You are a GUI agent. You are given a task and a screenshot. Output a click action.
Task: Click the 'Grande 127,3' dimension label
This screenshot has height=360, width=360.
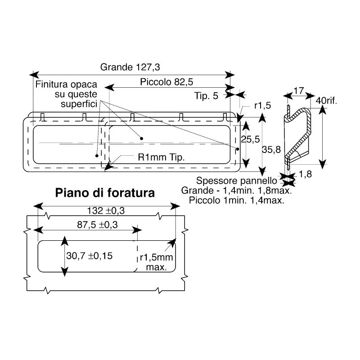pyautogui.click(x=130, y=67)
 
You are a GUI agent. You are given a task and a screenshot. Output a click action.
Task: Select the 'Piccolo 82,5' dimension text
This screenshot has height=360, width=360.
pyautogui.click(x=166, y=82)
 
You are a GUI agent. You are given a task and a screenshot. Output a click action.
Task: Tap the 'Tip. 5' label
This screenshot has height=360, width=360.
pyautogui.click(x=206, y=96)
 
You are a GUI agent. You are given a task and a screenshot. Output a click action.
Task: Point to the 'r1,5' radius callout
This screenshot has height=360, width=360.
pyautogui.click(x=262, y=105)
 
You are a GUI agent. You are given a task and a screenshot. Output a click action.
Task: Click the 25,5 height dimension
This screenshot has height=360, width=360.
pyautogui.click(x=250, y=139)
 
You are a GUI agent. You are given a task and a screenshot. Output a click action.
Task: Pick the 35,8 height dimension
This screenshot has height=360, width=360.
pyautogui.click(x=271, y=149)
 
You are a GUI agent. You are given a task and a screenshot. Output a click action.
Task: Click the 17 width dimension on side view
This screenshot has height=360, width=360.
pyautogui.click(x=299, y=91)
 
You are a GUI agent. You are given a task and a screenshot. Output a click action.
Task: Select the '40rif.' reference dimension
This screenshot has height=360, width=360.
pyautogui.click(x=326, y=100)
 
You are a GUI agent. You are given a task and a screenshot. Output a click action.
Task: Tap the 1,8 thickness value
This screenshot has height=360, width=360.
pyautogui.click(x=305, y=174)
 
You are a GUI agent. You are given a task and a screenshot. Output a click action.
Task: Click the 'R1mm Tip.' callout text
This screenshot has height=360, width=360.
pyautogui.click(x=161, y=157)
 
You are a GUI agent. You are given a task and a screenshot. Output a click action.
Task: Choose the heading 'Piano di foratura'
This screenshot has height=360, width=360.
pyautogui.click(x=105, y=193)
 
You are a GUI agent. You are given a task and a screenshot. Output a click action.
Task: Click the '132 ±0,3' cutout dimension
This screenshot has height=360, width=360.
pyautogui.click(x=106, y=211)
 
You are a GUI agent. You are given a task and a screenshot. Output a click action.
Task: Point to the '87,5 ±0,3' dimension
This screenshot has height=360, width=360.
pyautogui.click(x=97, y=225)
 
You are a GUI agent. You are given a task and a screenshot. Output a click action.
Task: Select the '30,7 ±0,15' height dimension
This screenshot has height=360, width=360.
pyautogui.click(x=89, y=256)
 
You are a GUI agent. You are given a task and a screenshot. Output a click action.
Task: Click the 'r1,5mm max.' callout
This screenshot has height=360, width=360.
pyautogui.click(x=156, y=262)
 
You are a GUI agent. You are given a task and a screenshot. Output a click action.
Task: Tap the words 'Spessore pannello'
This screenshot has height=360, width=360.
pyautogui.click(x=237, y=181)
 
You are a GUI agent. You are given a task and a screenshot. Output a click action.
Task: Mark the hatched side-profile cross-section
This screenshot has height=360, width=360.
pyautogui.click(x=298, y=135)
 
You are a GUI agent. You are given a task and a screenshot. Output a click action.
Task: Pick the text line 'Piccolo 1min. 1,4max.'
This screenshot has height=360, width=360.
pyautogui.click(x=237, y=200)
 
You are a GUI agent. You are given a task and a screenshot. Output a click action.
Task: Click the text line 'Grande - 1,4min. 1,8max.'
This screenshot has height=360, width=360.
pyautogui.click(x=237, y=190)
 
